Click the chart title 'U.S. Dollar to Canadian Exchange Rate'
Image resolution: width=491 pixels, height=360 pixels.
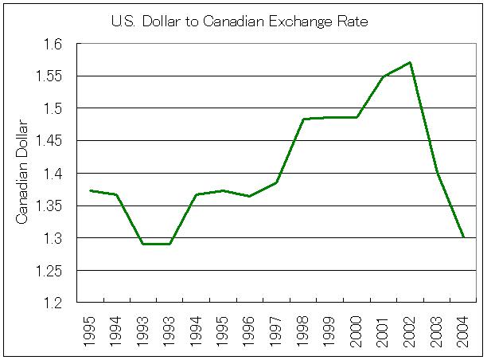[x=239, y=21]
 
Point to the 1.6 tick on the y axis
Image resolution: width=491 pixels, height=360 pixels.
[x=59, y=44]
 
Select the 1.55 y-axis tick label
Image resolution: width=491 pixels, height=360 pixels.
[x=55, y=76]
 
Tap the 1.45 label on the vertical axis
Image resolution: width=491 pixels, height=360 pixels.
[x=55, y=141]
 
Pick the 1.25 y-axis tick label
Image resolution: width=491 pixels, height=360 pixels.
[x=55, y=271]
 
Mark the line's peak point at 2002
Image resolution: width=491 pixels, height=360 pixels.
[x=410, y=62]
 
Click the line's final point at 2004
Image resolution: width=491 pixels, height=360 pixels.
[x=463, y=237]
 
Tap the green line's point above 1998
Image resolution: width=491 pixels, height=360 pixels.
[x=303, y=119]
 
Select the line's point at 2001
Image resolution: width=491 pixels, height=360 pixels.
[x=383, y=76]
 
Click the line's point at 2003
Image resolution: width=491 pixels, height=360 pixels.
[x=437, y=172]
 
